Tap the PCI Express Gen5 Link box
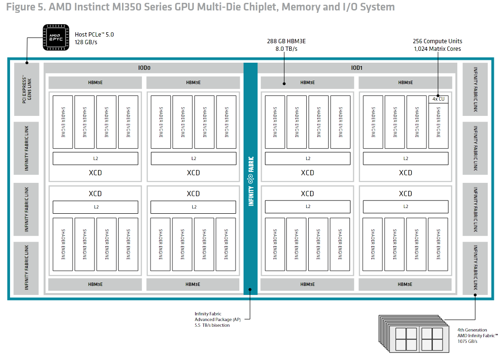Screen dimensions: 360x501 pyautogui.click(x=27, y=89)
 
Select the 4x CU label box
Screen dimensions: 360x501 pyautogui.click(x=438, y=99)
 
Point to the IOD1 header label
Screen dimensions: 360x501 pyautogui.click(x=357, y=68)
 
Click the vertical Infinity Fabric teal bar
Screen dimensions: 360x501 pyautogui.click(x=250, y=178)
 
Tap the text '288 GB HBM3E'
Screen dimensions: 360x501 pyautogui.click(x=286, y=41)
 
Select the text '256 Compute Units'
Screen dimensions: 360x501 pyautogui.click(x=437, y=41)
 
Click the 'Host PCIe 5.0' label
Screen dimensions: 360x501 pyautogui.click(x=95, y=34)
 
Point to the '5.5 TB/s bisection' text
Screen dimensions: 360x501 pyautogui.click(x=212, y=325)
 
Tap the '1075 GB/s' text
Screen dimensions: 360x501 pyautogui.click(x=467, y=341)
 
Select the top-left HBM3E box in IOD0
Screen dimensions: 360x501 pyautogui.click(x=95, y=83)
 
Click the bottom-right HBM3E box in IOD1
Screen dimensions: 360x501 pyautogui.click(x=405, y=284)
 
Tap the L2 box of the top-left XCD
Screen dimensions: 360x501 pyautogui.click(x=95, y=158)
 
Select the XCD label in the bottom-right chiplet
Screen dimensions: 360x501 pyautogui.click(x=405, y=193)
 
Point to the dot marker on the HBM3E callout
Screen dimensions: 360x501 pyautogui.click(x=284, y=83)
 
